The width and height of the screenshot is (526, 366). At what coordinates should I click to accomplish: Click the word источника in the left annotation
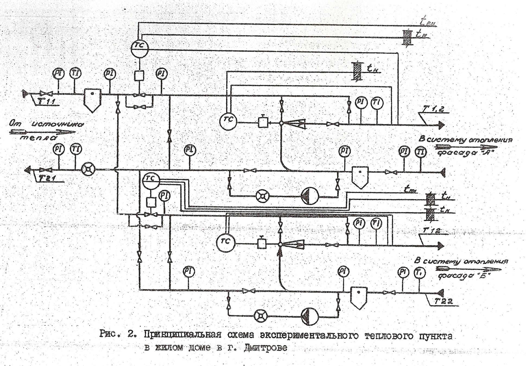[x=58, y=124]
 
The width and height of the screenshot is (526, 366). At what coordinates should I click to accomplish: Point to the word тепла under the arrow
[x=39, y=138]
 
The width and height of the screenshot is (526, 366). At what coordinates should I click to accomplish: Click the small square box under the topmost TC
[x=139, y=76]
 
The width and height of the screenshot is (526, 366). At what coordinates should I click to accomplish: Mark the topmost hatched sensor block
[x=407, y=37]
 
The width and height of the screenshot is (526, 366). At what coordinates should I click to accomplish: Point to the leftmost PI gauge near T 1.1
[x=58, y=74]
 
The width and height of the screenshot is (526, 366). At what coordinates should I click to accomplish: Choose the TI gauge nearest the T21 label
[x=76, y=149]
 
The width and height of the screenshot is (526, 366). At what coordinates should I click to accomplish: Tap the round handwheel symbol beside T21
[x=88, y=169]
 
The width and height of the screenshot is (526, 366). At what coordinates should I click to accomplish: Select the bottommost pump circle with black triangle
[x=310, y=316]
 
